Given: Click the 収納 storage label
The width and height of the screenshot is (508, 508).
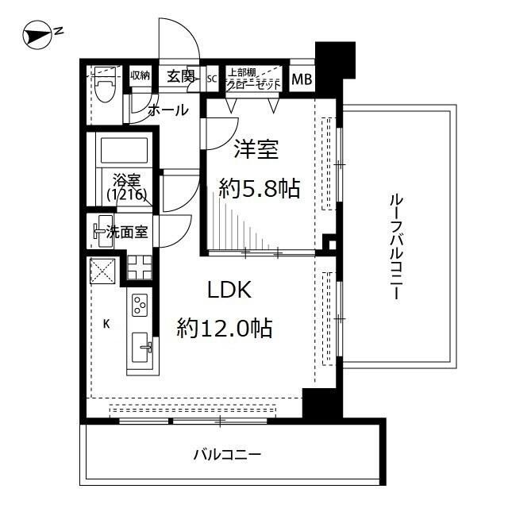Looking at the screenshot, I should tap(140, 75).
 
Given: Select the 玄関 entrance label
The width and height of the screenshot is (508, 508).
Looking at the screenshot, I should tap(180, 76).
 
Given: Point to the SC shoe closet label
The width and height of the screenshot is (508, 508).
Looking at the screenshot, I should tap(212, 79).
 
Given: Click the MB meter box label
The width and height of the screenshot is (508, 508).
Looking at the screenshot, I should tap(301, 79).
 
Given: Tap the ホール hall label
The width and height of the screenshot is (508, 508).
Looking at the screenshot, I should tap(168, 110).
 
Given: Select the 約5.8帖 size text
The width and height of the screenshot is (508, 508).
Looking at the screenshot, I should tap(260, 188).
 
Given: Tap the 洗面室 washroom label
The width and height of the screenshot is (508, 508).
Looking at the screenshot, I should tap(125, 232).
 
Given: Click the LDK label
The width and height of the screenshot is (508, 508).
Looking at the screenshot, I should tap(229, 291).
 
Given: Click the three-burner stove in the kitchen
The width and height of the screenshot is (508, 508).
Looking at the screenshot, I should tap(139, 306).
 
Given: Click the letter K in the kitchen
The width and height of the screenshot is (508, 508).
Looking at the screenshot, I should tap(106, 323).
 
